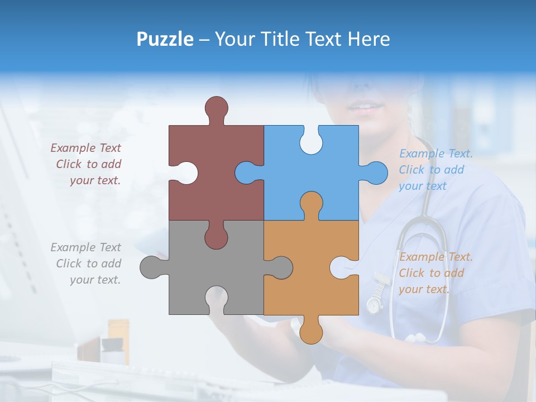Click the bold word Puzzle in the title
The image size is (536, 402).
tap(165, 39)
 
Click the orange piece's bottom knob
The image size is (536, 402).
tap(311, 331)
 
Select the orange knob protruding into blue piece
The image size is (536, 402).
tap(311, 204)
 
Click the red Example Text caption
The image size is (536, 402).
tap(87, 164)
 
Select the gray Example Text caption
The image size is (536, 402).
tap(87, 264)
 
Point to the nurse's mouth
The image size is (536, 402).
tap(366, 106)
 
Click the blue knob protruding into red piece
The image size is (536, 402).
tap(247, 173)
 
